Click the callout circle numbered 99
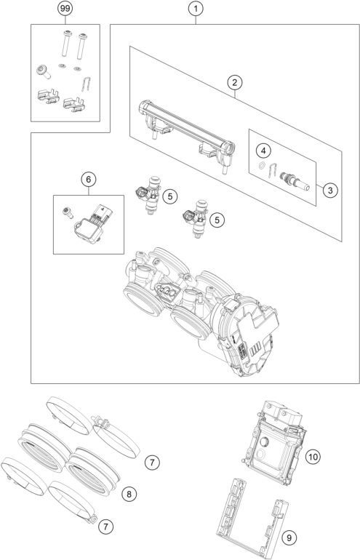pyautogui.click(x=66, y=10)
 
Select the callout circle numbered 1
pyautogui.click(x=195, y=10)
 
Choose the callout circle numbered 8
pyautogui.click(x=128, y=494)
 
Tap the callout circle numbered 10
pyautogui.click(x=313, y=456)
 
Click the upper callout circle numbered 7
pyautogui.click(x=151, y=461)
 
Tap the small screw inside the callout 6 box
pyautogui.click(x=68, y=212)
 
